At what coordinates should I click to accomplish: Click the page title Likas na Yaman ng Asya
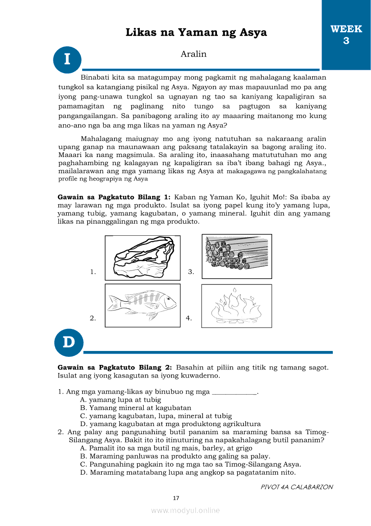click(196, 32)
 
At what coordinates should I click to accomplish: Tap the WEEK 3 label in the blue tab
click(346, 35)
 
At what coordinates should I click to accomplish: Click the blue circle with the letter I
click(67, 59)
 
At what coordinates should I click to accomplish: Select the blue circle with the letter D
click(69, 342)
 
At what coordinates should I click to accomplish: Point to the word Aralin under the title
click(194, 54)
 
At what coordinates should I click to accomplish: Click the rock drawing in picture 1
click(142, 258)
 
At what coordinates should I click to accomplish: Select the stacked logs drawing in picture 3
click(237, 256)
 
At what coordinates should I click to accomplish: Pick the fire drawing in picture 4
click(236, 306)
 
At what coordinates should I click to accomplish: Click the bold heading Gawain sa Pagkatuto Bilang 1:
click(114, 197)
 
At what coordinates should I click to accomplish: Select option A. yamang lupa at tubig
click(120, 400)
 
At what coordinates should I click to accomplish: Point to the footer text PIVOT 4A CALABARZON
click(296, 487)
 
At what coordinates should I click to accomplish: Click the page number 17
click(176, 498)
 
